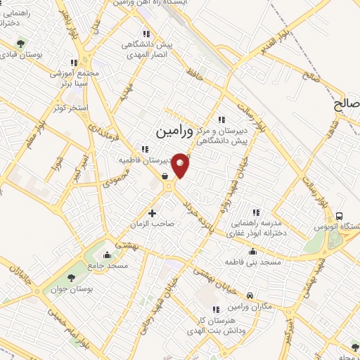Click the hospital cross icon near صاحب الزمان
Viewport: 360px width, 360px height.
(152, 212)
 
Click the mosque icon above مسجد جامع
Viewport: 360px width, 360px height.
(106, 255)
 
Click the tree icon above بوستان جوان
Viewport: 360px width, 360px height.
(55, 277)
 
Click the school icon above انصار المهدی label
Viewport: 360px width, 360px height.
(146, 34)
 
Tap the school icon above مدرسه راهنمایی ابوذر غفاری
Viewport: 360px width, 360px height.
(256, 212)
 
